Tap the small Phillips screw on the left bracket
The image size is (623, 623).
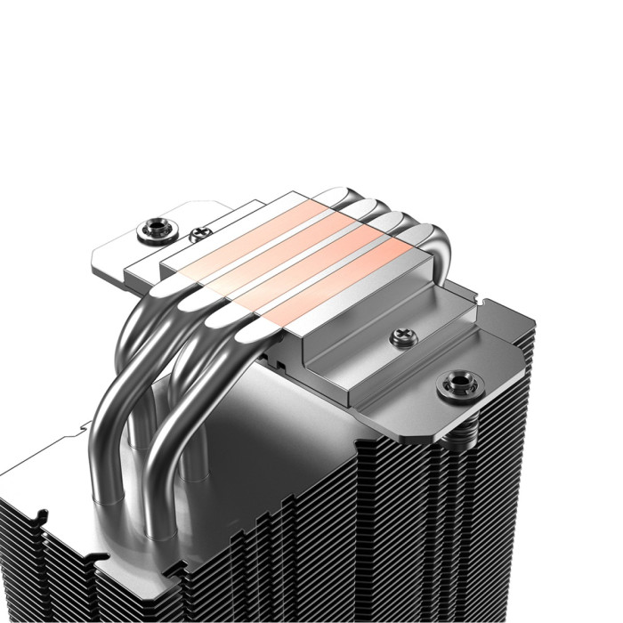197,236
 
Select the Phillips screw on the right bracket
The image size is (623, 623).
399,337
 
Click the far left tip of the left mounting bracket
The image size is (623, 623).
91,263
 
